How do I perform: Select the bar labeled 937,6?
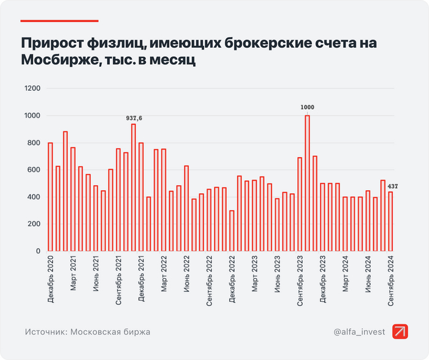[133, 188]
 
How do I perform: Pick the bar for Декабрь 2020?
[50, 197]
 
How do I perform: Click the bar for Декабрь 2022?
[232, 231]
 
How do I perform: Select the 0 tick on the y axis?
[37, 251]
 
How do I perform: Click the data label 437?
[393, 186]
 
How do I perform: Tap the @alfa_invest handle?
[360, 332]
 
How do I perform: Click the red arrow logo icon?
[401, 331]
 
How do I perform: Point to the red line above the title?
[59, 21]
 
